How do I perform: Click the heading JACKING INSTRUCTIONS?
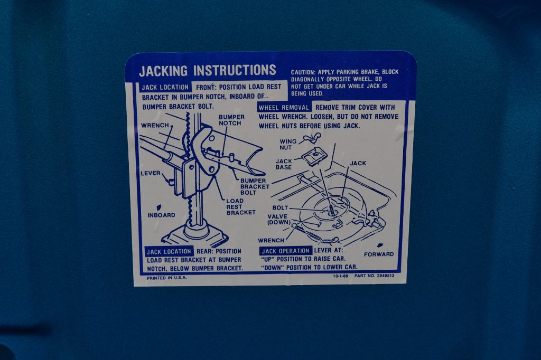(x=207, y=71)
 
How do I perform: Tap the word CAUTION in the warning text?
(x=303, y=72)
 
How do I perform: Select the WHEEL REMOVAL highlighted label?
(x=284, y=108)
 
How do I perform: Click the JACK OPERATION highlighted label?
(x=285, y=251)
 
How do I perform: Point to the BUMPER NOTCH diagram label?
(x=231, y=120)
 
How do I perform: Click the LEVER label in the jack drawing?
(x=151, y=173)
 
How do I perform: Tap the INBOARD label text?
(x=162, y=215)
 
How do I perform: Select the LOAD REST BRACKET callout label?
(x=241, y=206)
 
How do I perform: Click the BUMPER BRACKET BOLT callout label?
(x=255, y=186)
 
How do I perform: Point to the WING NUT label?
(x=288, y=145)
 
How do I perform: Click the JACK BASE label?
(x=284, y=164)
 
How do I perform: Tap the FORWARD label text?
(x=379, y=254)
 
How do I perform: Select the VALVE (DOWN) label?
(x=279, y=219)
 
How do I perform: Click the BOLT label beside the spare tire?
(x=280, y=207)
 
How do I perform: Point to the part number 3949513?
(x=385, y=276)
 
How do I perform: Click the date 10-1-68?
(x=341, y=276)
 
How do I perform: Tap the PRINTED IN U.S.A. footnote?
(x=166, y=278)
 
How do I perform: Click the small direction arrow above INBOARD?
(x=159, y=207)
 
